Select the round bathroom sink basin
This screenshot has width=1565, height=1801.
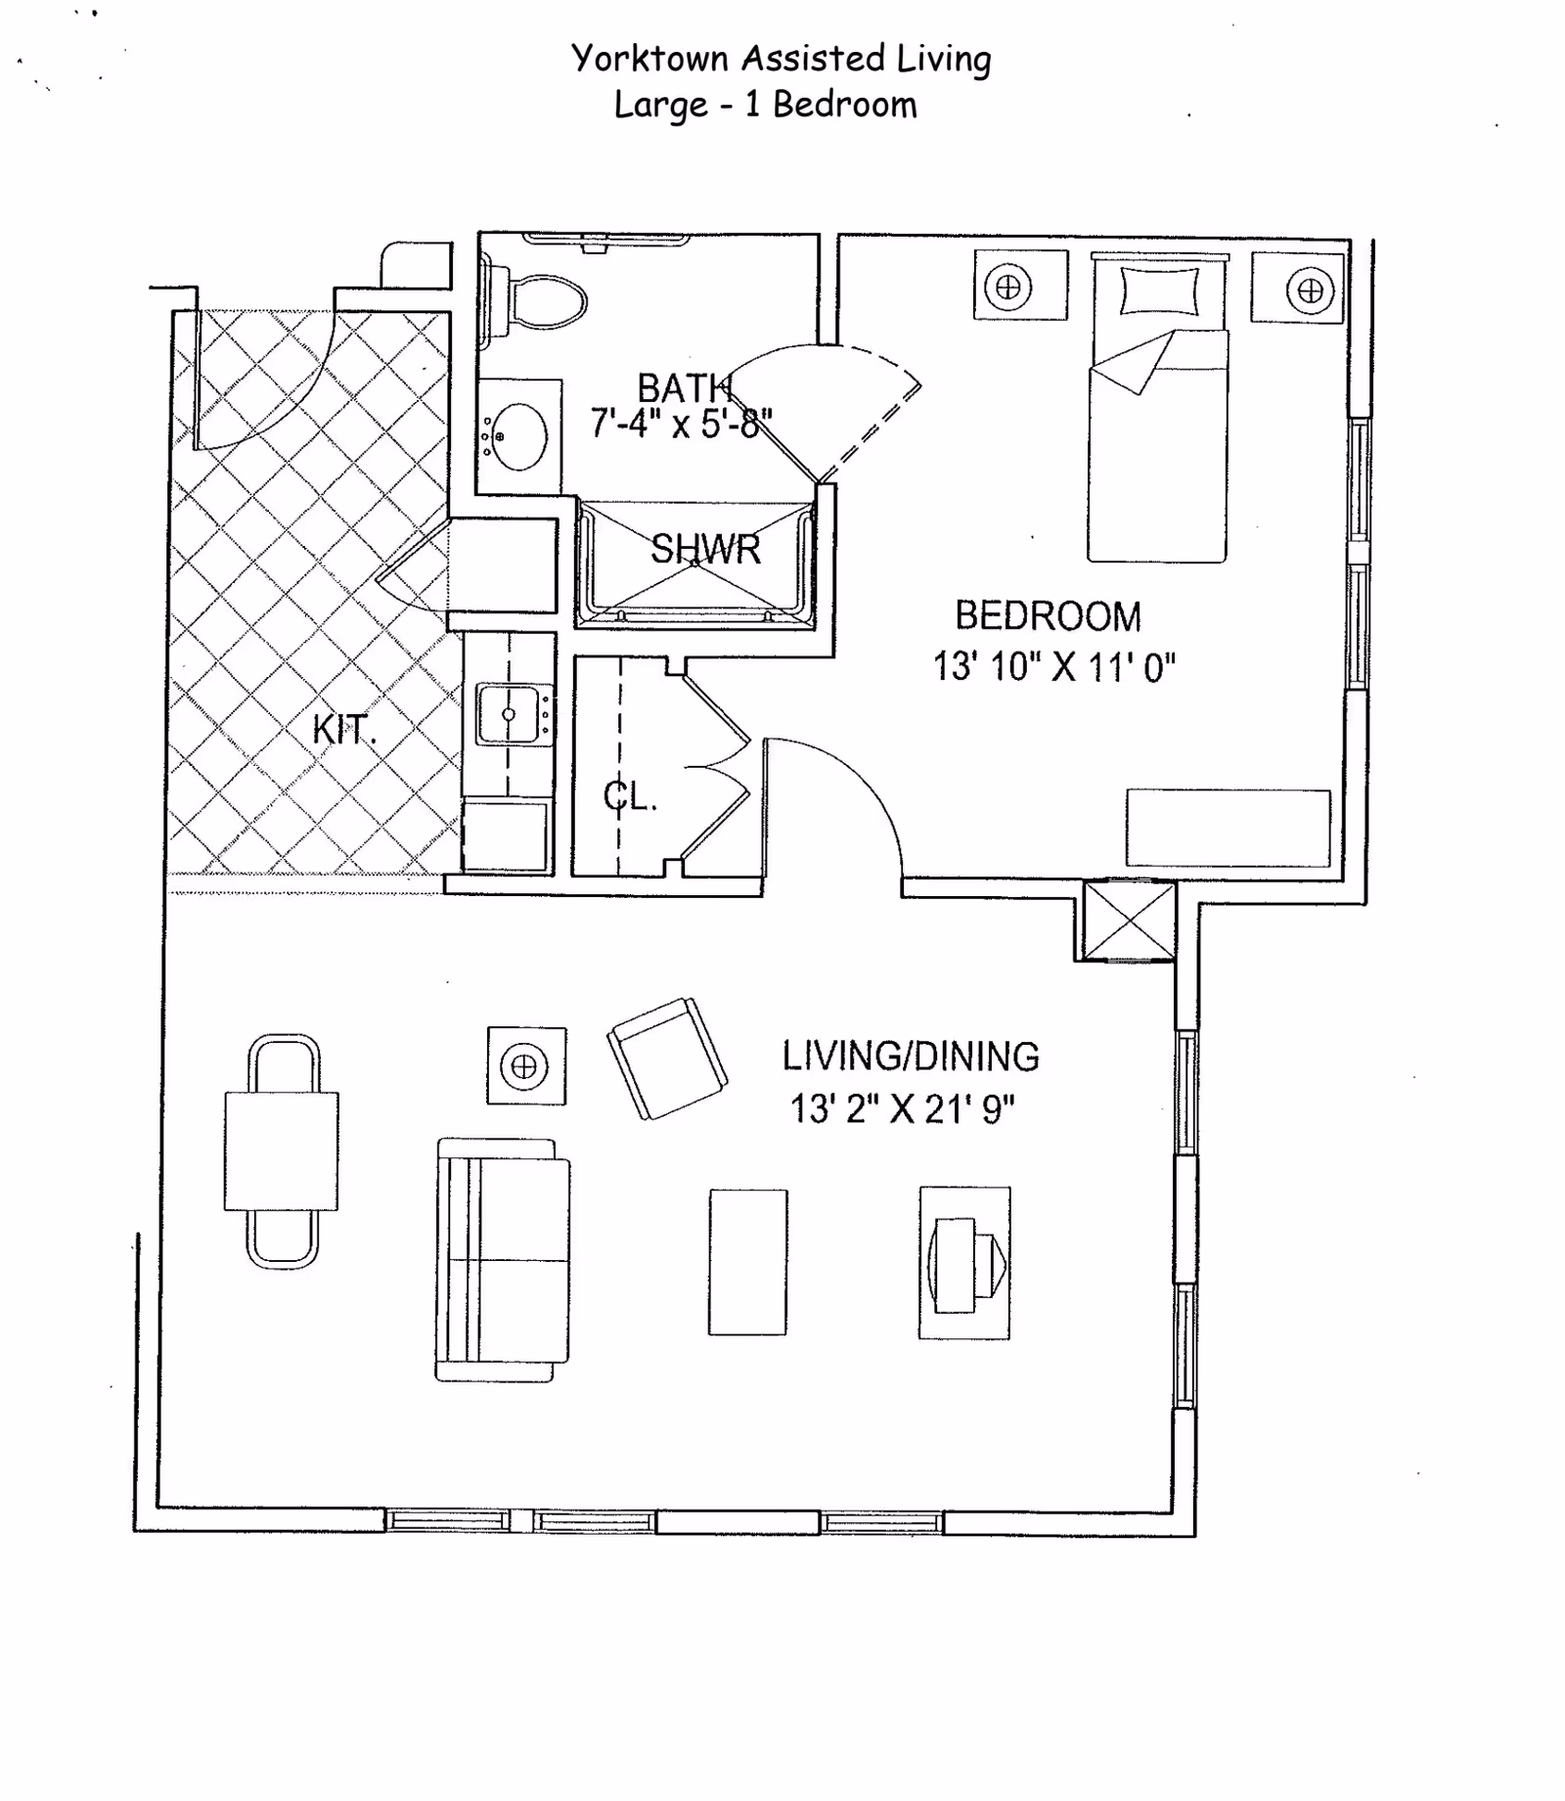(x=519, y=436)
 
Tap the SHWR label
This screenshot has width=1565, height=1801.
(x=705, y=550)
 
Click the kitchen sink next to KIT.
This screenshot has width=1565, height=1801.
(x=509, y=714)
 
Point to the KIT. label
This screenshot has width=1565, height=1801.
(x=343, y=730)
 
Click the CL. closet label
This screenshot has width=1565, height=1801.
(x=629, y=797)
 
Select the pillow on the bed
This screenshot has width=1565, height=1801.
(x=1159, y=291)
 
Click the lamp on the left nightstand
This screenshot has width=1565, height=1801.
(x=1008, y=288)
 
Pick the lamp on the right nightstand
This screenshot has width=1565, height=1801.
(x=1310, y=291)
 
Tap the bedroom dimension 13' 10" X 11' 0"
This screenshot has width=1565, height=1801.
(x=1053, y=667)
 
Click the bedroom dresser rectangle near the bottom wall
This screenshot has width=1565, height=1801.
(x=1228, y=828)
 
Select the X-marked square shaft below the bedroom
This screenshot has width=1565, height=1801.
(x=1129, y=921)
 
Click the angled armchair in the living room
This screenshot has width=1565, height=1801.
(x=667, y=1058)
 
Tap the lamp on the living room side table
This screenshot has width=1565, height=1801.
(x=524, y=1065)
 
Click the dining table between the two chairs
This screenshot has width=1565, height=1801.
(x=282, y=1151)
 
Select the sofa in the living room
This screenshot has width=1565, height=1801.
(x=503, y=1260)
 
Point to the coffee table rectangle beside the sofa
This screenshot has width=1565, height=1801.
(x=748, y=1262)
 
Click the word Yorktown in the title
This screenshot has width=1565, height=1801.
(x=649, y=59)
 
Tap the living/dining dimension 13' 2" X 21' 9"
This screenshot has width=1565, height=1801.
(x=901, y=1110)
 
